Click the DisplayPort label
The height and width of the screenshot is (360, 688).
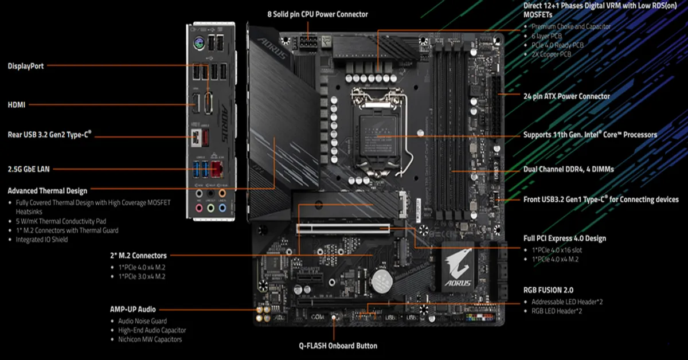coord(25,66)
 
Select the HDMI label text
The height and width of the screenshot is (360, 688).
coord(17,104)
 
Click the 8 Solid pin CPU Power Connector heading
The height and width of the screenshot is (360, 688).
coord(318,14)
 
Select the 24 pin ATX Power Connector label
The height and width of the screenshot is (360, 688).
coord(566,96)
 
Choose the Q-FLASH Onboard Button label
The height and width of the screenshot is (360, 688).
coord(338,346)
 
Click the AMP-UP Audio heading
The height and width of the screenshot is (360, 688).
coord(132,309)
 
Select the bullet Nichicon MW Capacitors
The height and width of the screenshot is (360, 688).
coord(150,339)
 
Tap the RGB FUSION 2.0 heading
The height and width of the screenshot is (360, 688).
coord(548,290)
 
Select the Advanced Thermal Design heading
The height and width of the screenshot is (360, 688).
coord(47,191)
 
